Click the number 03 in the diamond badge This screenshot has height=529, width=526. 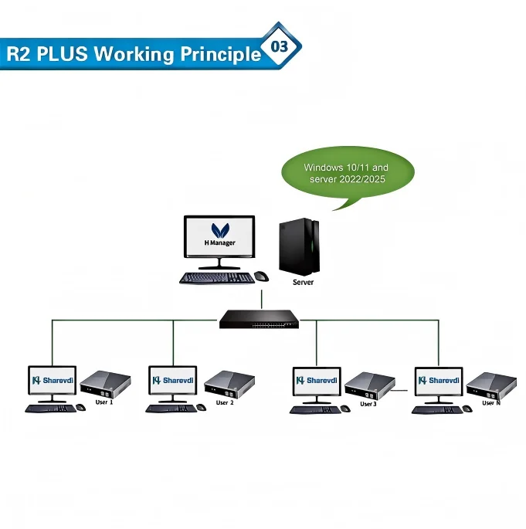click(279, 47)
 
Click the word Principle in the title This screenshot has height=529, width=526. click(220, 55)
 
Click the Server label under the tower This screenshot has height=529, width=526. click(303, 283)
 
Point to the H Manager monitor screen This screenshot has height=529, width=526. click(219, 236)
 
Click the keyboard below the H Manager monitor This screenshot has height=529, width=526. click(216, 278)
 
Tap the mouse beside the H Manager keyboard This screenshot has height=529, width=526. click(261, 276)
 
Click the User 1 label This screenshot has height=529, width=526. click(104, 402)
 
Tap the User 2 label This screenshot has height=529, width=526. click(224, 402)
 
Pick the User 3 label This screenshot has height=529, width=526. click(368, 404)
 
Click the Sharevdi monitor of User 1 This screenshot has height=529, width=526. click(52, 381)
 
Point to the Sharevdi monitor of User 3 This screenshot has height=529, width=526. click(317, 381)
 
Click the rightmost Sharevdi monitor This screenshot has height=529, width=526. click(439, 381)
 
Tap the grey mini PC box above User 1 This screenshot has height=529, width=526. click(106, 383)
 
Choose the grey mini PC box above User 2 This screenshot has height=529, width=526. click(229, 383)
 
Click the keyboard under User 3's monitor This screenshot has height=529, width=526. click(315, 409)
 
